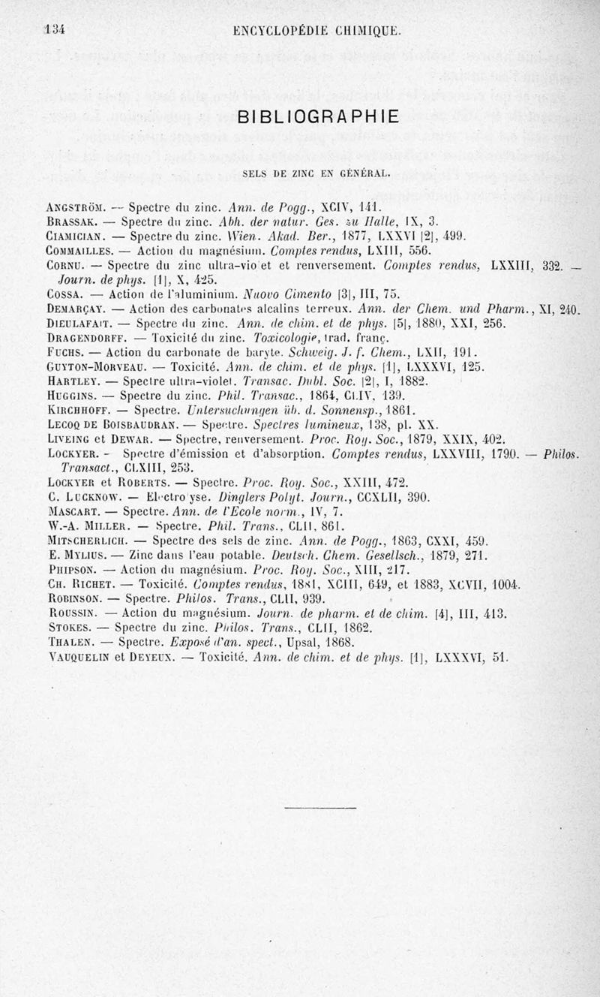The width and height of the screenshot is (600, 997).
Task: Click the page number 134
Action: pos(55,31)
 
